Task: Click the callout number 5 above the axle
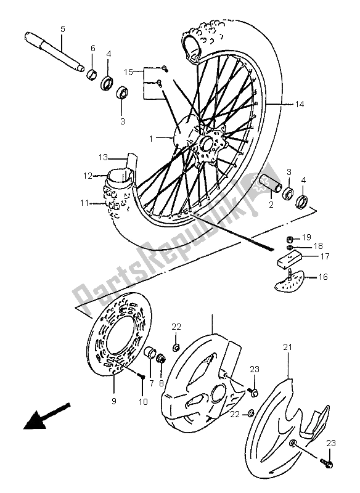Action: (62, 29)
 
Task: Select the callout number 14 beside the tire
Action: (316, 105)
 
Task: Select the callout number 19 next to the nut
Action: (307, 237)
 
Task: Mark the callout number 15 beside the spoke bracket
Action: (128, 73)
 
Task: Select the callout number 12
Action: (89, 176)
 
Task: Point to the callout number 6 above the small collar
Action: (93, 49)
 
